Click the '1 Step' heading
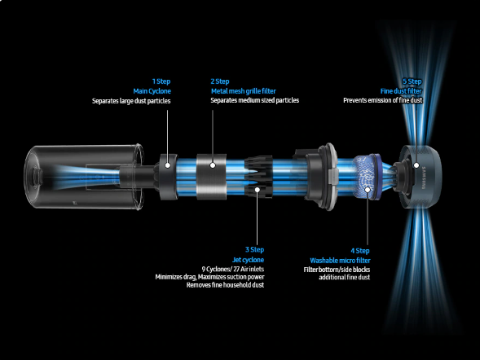(161, 81)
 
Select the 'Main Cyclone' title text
(152, 91)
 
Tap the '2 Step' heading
(220, 81)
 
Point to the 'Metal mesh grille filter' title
(244, 91)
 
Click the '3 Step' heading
(255, 250)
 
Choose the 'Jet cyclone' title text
(248, 260)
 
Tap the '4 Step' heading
(360, 251)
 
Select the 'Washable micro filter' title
(340, 261)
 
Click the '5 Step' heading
(412, 81)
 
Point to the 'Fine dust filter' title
(401, 91)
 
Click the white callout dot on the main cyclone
(167, 165)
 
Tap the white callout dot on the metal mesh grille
(213, 165)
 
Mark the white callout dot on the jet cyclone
(258, 190)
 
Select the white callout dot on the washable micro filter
(368, 190)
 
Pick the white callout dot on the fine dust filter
(416, 165)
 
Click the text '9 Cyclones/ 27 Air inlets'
(233, 269)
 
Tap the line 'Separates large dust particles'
(131, 101)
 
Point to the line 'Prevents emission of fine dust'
(383, 100)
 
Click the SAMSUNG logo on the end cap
(424, 178)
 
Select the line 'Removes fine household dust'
(225, 285)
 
